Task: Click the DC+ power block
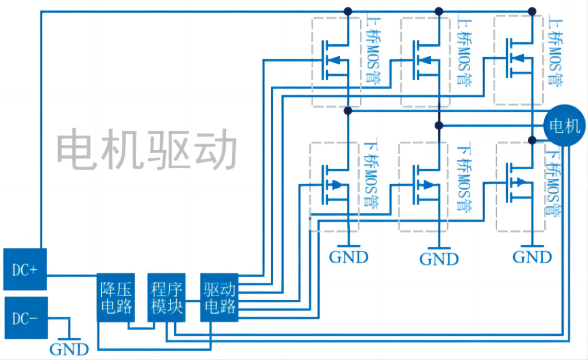(25, 269)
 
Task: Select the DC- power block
(25, 318)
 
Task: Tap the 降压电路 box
(116, 298)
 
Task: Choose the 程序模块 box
(167, 298)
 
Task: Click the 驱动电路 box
(219, 298)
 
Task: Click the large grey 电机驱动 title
(146, 149)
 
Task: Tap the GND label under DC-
(69, 349)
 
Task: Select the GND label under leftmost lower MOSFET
(348, 256)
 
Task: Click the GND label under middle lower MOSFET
(439, 259)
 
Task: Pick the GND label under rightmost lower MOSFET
(532, 256)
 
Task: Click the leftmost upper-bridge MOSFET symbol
(334, 61)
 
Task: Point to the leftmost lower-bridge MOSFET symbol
(334, 185)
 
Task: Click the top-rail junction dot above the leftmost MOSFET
(348, 11)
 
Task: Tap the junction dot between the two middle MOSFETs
(438, 125)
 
